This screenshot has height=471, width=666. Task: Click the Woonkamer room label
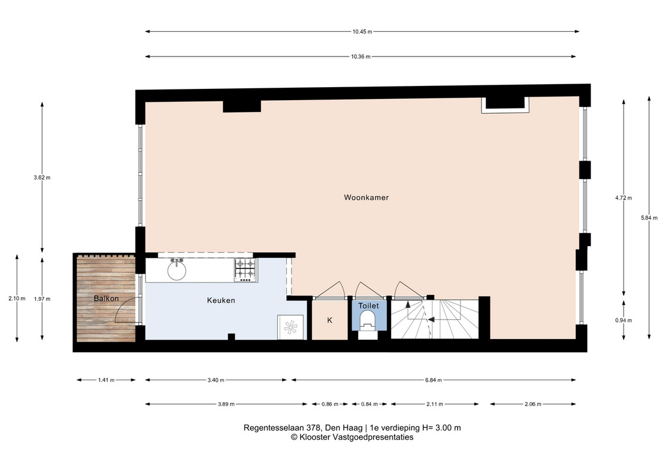(x=366, y=197)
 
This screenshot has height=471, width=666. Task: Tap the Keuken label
(x=221, y=300)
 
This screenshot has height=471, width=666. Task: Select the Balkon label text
(x=106, y=298)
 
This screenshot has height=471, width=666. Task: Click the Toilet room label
(x=368, y=306)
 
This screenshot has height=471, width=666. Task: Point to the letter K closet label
(x=330, y=320)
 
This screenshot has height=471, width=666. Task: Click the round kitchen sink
(x=176, y=270)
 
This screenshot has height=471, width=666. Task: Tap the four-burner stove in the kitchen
(x=246, y=271)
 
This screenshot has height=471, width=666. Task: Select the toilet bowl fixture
(x=367, y=321)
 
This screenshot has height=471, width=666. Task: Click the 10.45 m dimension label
(x=362, y=31)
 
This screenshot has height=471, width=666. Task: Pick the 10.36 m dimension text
(x=360, y=57)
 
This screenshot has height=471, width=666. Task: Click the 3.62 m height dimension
(x=42, y=178)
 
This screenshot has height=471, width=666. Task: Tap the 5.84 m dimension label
(x=649, y=218)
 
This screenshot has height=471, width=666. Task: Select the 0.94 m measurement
(x=624, y=320)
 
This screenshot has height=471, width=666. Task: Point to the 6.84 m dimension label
(x=433, y=380)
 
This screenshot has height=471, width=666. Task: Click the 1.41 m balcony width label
(x=106, y=380)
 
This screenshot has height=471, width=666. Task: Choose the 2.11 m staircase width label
(x=435, y=404)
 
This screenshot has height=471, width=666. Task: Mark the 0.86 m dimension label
(x=330, y=404)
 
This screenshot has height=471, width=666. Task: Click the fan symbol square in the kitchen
(x=290, y=327)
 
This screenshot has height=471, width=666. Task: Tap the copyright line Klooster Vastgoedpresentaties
(x=352, y=437)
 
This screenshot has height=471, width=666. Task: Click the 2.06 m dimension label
(x=533, y=404)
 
